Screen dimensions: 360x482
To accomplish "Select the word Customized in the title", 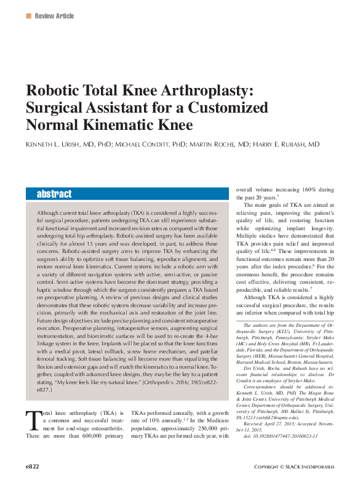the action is point(223,108).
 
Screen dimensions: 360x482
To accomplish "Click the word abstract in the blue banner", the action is point(54,193).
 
